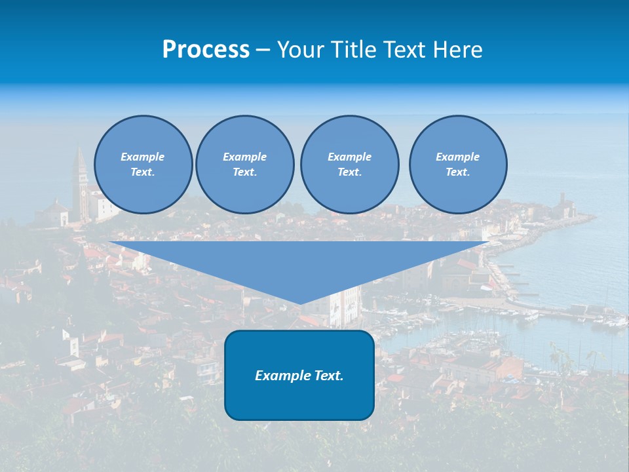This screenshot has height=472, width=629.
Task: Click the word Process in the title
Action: point(206,50)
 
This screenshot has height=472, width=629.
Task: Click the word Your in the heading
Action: point(302,50)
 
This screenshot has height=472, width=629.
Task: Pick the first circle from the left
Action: point(143,165)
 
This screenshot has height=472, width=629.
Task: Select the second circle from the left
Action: point(244,165)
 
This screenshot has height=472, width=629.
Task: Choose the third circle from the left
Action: point(349,165)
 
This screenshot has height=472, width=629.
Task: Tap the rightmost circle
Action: point(458,165)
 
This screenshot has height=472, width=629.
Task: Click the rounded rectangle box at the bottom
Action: point(299,393)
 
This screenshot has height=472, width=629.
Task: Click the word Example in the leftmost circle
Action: point(143,157)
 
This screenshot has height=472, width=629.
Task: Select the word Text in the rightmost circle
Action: point(458,172)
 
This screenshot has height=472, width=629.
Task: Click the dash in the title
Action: point(263,50)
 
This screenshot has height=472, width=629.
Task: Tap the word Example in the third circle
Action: point(349,157)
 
